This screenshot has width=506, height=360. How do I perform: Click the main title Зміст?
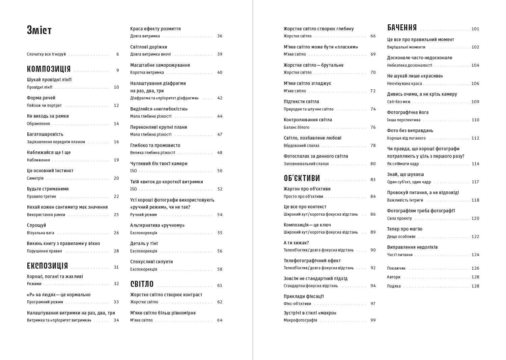(39, 30)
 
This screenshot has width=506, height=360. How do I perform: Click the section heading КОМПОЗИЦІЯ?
(49, 69)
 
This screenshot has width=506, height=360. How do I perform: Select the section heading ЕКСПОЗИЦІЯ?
(47, 266)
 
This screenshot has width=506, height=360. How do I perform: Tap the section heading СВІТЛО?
(142, 284)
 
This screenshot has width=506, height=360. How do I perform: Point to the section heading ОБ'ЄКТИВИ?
(302, 178)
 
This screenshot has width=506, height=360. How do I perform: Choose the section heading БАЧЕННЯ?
(402, 28)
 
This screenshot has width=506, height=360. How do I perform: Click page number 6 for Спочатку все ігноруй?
(118, 54)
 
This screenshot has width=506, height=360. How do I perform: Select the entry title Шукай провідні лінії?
(49, 80)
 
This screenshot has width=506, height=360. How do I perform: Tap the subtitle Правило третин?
(41, 197)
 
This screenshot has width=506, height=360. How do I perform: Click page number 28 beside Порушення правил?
(116, 251)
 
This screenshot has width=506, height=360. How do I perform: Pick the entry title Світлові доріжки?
(148, 47)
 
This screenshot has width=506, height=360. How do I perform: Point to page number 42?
(220, 98)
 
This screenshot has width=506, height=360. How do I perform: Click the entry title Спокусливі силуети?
(151, 262)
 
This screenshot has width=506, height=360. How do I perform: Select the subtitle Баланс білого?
(296, 127)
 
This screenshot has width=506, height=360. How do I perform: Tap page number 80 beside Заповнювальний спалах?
(373, 164)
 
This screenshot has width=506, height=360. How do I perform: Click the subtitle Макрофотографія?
(300, 320)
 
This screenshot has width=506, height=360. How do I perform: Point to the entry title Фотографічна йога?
(407, 113)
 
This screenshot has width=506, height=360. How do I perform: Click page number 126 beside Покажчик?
(475, 268)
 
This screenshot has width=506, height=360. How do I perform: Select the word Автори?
(393, 277)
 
